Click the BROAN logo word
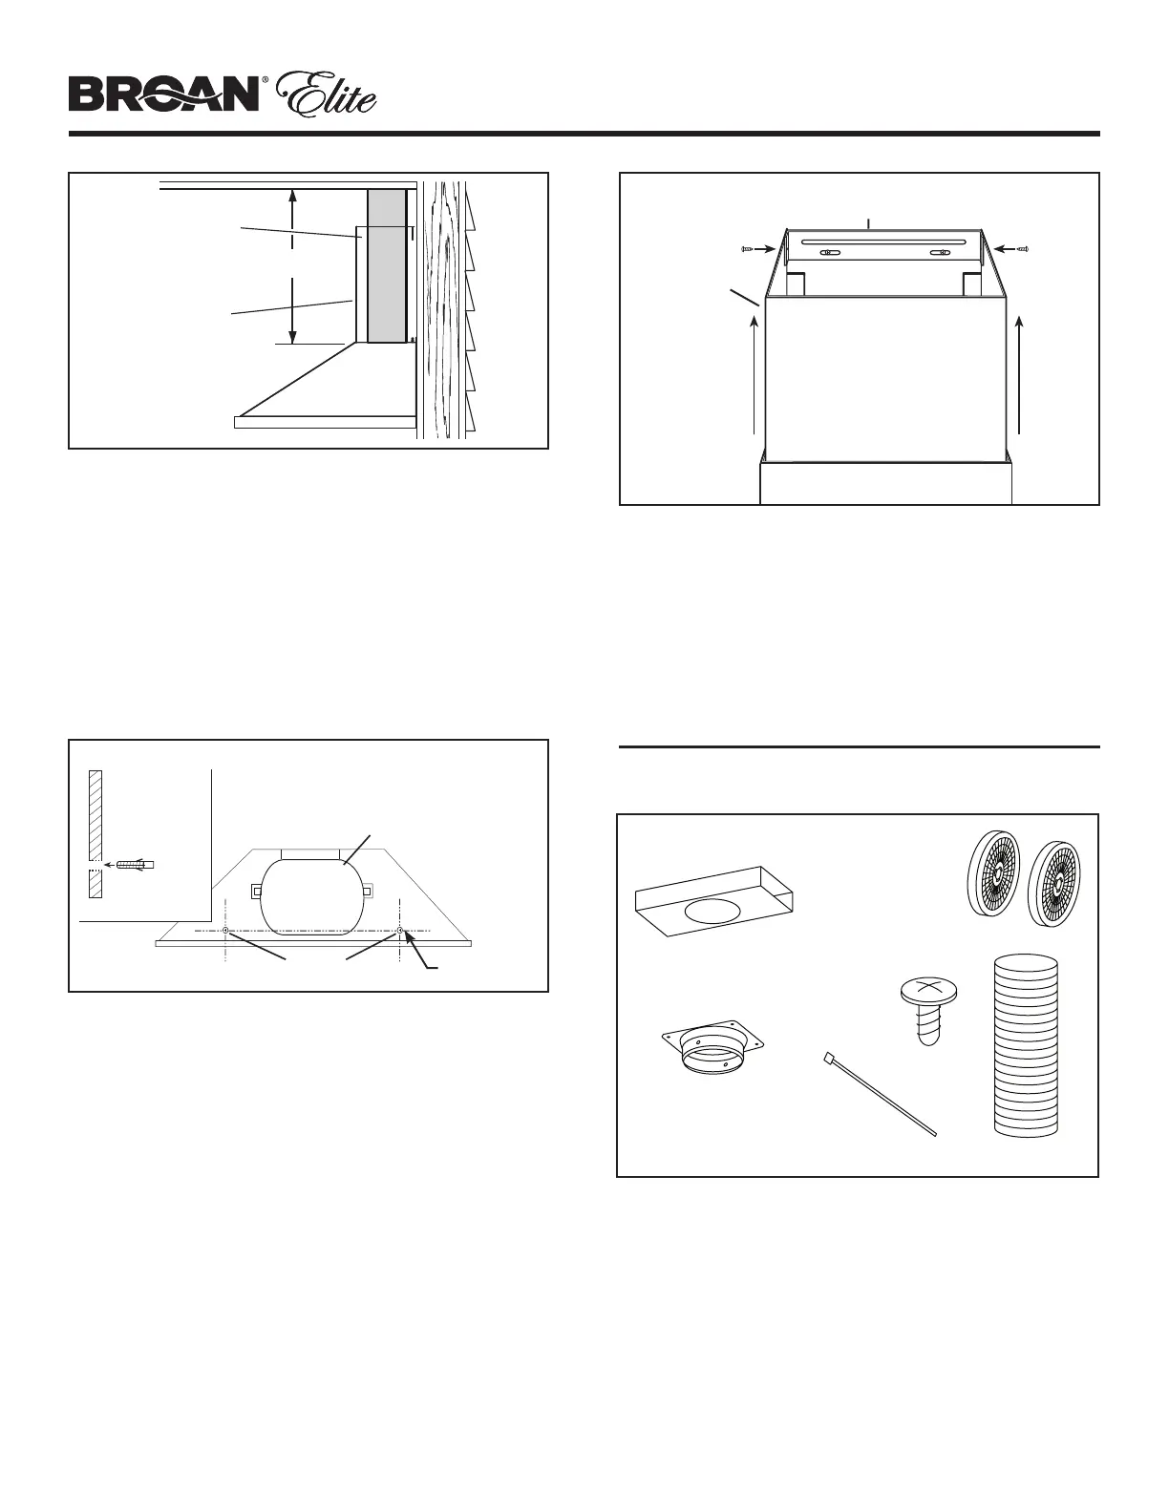pos(163,94)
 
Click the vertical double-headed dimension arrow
pos(293,266)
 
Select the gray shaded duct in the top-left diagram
pos(386,265)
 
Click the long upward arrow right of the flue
pos(1021,376)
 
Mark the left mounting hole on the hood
pos(224,931)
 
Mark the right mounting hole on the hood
pos(399,931)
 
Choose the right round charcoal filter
pos(1059,883)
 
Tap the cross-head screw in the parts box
pos(925,1011)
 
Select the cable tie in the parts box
pos(878,1093)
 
